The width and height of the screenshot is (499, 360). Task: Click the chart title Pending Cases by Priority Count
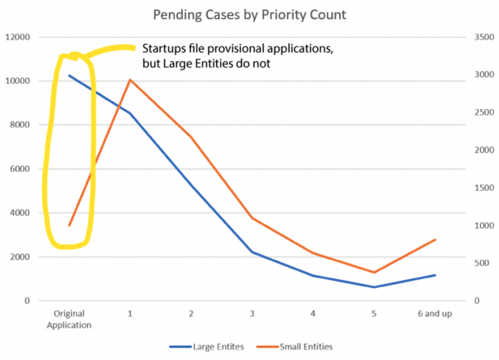pyautogui.click(x=249, y=14)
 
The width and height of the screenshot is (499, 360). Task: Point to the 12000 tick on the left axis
pyautogui.click(x=18, y=37)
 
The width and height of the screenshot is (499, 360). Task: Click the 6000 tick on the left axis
pyautogui.click(x=20, y=169)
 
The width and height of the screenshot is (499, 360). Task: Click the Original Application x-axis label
pyautogui.click(x=70, y=319)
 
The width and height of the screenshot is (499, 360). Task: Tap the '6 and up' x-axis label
pyautogui.click(x=435, y=314)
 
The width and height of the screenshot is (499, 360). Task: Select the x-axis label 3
pyautogui.click(x=252, y=314)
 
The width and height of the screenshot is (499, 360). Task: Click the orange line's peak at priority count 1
pyautogui.click(x=130, y=80)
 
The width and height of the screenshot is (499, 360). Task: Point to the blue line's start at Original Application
pyautogui.click(x=70, y=76)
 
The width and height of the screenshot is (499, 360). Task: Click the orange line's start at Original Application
pyautogui.click(x=70, y=226)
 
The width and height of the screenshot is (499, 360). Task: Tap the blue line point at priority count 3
pyautogui.click(x=252, y=252)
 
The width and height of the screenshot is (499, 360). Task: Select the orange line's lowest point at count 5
pyautogui.click(x=374, y=273)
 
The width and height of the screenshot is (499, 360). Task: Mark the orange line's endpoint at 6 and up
pyautogui.click(x=435, y=240)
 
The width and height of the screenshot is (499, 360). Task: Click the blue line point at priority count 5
pyautogui.click(x=374, y=287)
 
